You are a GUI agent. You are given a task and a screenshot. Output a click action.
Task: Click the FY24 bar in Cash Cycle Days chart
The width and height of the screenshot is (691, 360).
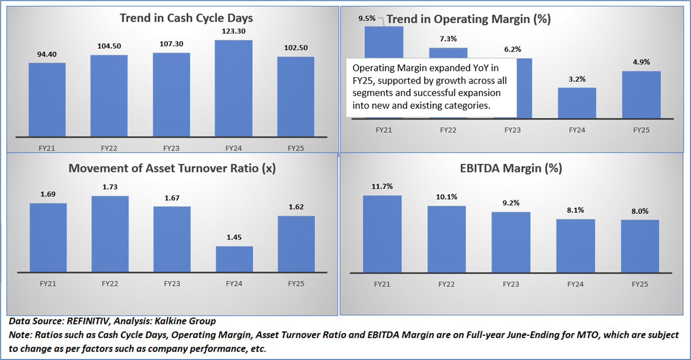(x=234, y=89)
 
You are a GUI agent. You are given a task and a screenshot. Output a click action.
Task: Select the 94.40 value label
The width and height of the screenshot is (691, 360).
(x=47, y=55)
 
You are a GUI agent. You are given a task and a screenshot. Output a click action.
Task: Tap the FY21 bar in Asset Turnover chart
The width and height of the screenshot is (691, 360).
(x=48, y=238)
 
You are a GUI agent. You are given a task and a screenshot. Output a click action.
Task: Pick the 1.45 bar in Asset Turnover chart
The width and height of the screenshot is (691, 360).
(x=234, y=259)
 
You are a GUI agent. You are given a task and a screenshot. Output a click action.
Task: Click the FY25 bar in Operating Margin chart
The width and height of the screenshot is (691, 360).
(x=641, y=95)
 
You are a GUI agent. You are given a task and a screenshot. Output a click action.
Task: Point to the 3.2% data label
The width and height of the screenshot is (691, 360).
(x=577, y=80)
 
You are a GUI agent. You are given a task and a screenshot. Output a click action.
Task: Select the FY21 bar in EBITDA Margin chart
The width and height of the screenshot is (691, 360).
(x=382, y=234)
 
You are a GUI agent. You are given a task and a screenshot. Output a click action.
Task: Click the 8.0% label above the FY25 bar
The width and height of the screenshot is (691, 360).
(x=640, y=211)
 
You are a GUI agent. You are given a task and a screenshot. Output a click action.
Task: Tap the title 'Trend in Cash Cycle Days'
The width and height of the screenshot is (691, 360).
(x=186, y=18)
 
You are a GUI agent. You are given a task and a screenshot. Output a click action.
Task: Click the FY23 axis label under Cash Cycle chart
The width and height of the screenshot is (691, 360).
(x=172, y=148)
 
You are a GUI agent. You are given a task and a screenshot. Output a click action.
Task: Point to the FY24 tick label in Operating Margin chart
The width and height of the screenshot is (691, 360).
(x=577, y=129)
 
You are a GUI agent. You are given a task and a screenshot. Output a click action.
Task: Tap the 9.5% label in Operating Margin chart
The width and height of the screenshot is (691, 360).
(x=367, y=19)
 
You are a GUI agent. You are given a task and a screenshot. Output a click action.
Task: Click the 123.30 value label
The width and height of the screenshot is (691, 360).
(x=234, y=32)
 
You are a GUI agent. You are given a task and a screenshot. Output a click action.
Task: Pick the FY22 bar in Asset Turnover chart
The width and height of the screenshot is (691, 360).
(x=110, y=234)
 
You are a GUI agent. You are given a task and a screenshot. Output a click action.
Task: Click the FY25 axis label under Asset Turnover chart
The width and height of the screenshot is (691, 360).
(x=296, y=284)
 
